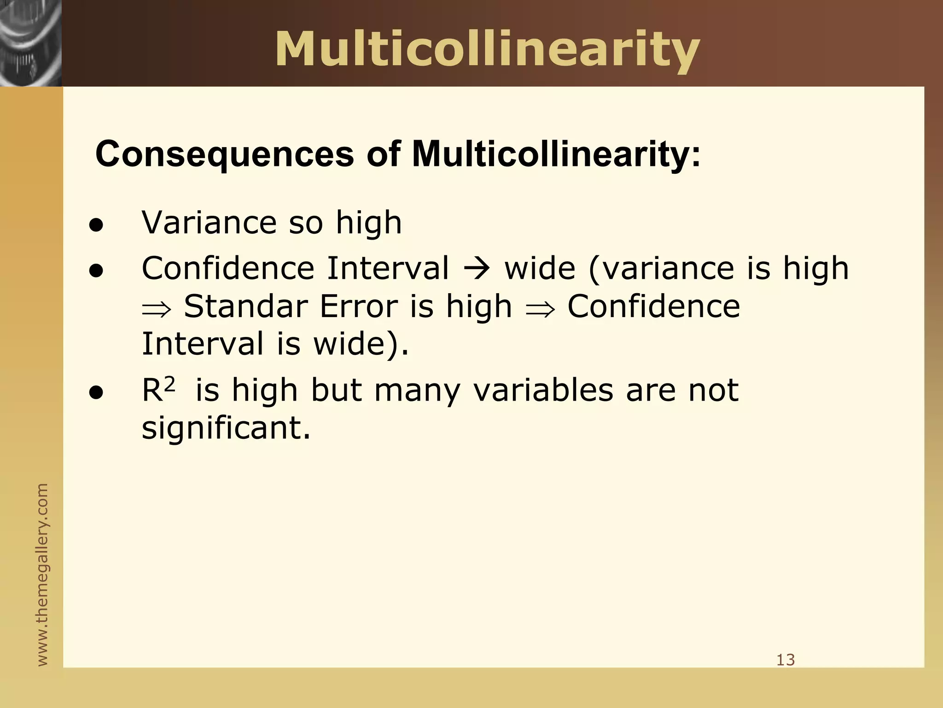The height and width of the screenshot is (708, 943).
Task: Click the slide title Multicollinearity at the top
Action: coord(487,50)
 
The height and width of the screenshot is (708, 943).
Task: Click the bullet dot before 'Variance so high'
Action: coord(96,226)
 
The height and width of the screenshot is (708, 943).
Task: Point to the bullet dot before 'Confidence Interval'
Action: coord(96,271)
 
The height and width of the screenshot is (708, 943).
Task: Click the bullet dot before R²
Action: coord(96,393)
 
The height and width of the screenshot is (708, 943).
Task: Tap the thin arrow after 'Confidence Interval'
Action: coord(476,269)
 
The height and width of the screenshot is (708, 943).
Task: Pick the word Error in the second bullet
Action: coord(358,307)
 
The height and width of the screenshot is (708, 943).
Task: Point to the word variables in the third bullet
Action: coord(543,391)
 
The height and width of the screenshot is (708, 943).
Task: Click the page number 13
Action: coord(786,660)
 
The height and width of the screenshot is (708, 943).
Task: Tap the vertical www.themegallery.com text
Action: coord(42,574)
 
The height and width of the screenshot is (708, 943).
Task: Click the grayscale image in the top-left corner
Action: coord(30,43)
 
